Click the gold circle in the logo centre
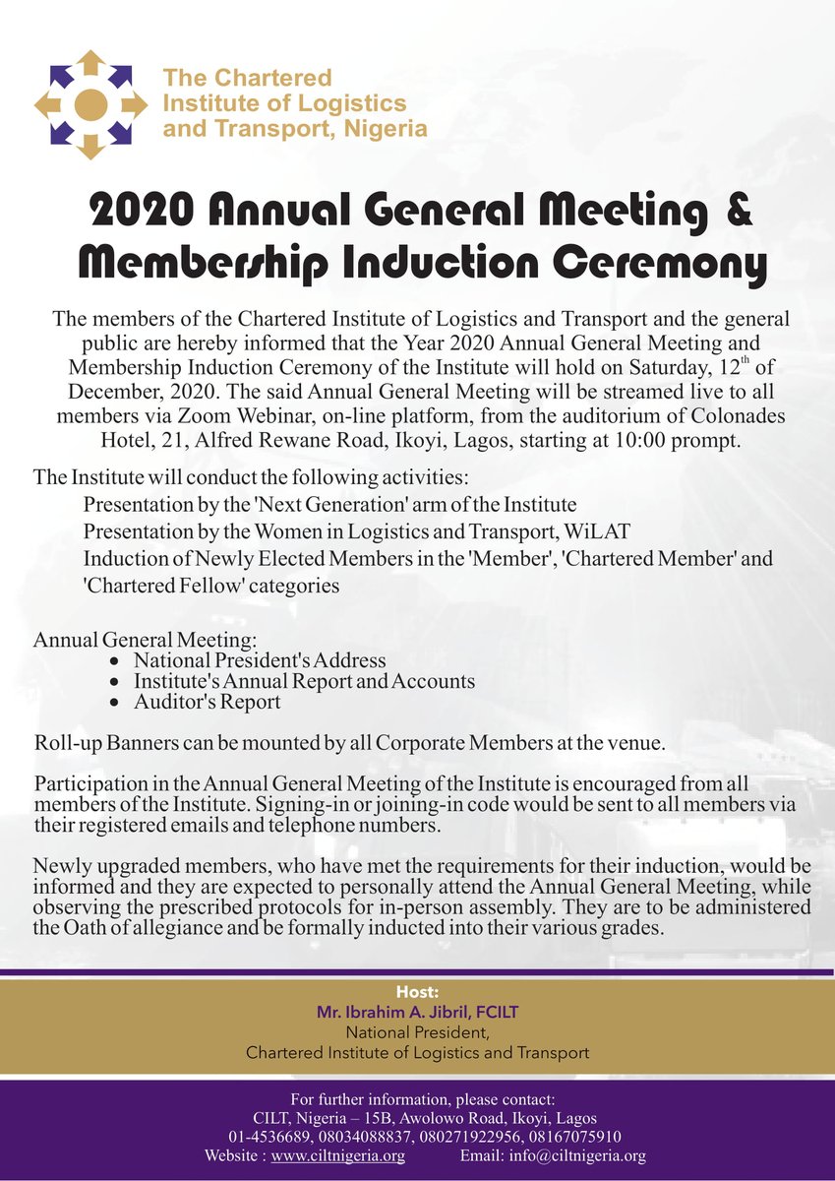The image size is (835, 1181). [x=89, y=103]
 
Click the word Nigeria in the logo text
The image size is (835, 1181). [x=390, y=129]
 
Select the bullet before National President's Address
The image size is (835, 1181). [x=116, y=661]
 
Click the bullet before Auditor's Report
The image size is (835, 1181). [x=116, y=704]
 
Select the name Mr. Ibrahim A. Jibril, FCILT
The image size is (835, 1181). [x=417, y=1013]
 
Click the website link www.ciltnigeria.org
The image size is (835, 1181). [x=337, y=1155]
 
